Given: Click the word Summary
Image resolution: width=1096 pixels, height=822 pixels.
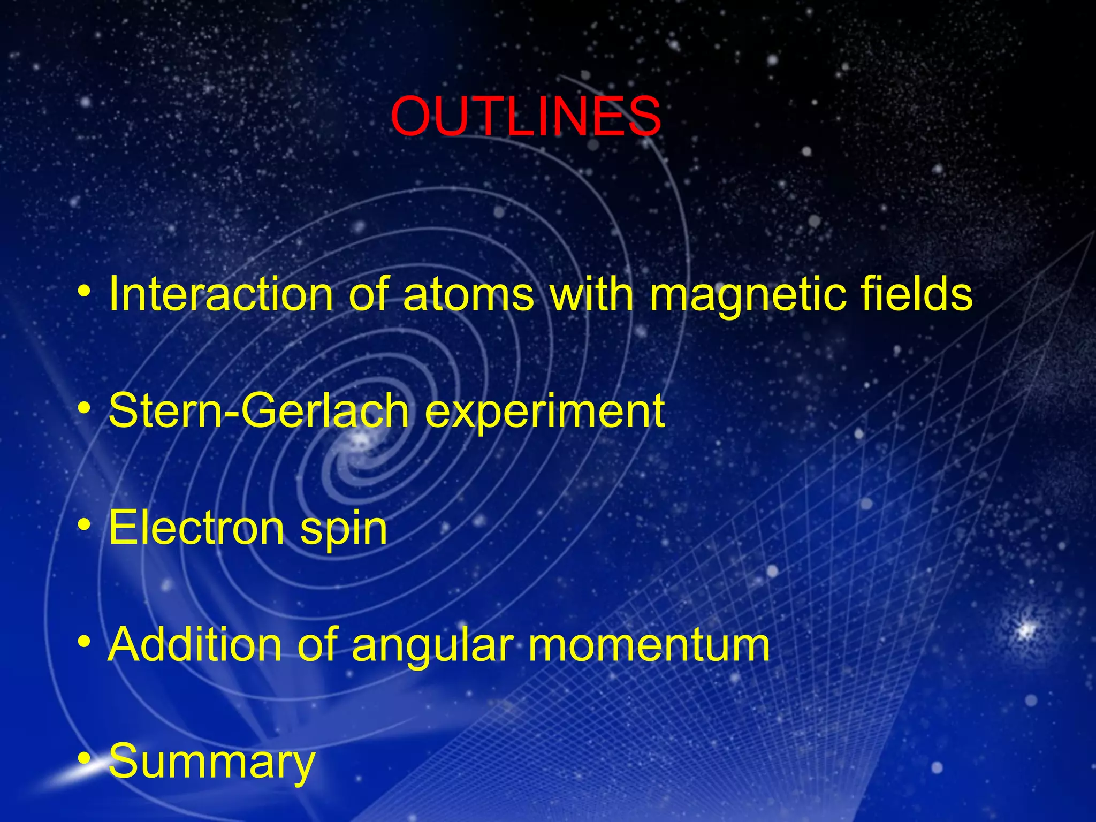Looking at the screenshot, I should point(212,762).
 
